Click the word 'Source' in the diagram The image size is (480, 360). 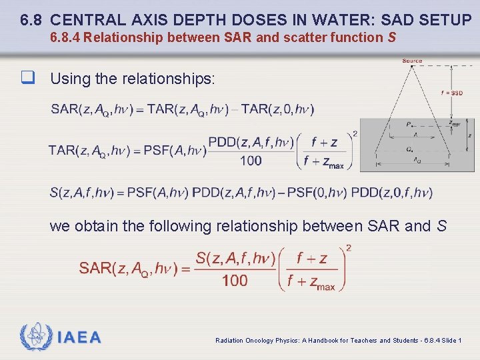[x=412, y=61]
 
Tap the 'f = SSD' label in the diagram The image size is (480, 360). [x=451, y=93]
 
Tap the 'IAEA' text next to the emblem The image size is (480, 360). [x=79, y=337]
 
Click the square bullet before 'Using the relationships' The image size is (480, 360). [x=27, y=79]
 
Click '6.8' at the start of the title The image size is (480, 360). [x=33, y=20]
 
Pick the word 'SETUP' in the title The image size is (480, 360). [x=446, y=20]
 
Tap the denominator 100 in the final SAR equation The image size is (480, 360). [x=235, y=281]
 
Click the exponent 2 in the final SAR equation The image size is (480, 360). [x=349, y=249]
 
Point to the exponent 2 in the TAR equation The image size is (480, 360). [x=355, y=134]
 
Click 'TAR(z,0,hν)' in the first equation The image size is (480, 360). [x=277, y=109]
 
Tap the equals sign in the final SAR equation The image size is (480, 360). [x=185, y=269]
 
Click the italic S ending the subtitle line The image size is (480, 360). [x=391, y=38]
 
